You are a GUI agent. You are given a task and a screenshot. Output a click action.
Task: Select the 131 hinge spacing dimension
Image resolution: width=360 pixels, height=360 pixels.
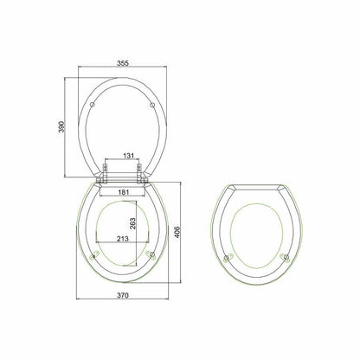[126, 157]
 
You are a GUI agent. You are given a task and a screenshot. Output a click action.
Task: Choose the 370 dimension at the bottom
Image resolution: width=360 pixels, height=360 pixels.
[126, 295]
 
